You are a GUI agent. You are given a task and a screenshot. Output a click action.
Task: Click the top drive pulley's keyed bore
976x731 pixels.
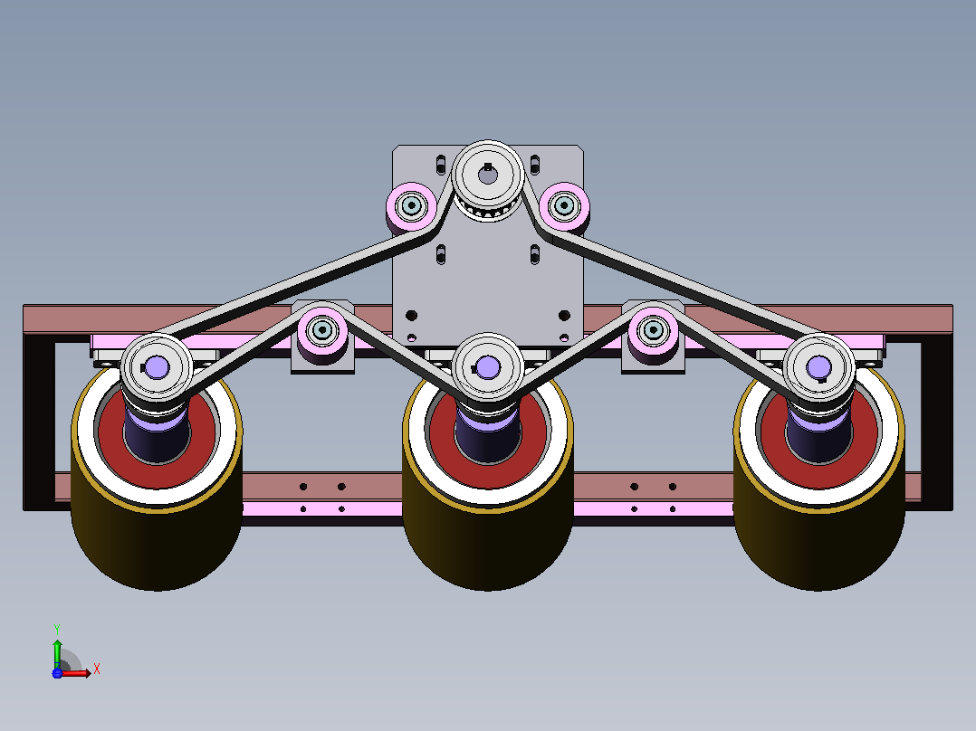488,175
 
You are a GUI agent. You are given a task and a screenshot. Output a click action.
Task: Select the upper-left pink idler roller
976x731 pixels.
411,206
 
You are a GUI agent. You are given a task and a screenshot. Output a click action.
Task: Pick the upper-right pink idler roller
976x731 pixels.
564,206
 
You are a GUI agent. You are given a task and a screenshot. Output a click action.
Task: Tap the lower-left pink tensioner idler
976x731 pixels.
322,330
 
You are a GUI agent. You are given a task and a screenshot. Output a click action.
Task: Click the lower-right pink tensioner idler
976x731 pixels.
654,330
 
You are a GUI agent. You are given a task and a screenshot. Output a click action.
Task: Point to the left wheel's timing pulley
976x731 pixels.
157,368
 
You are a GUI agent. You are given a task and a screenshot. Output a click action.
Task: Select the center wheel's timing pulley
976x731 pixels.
487,368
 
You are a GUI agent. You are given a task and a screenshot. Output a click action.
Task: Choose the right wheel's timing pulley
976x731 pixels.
818,368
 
